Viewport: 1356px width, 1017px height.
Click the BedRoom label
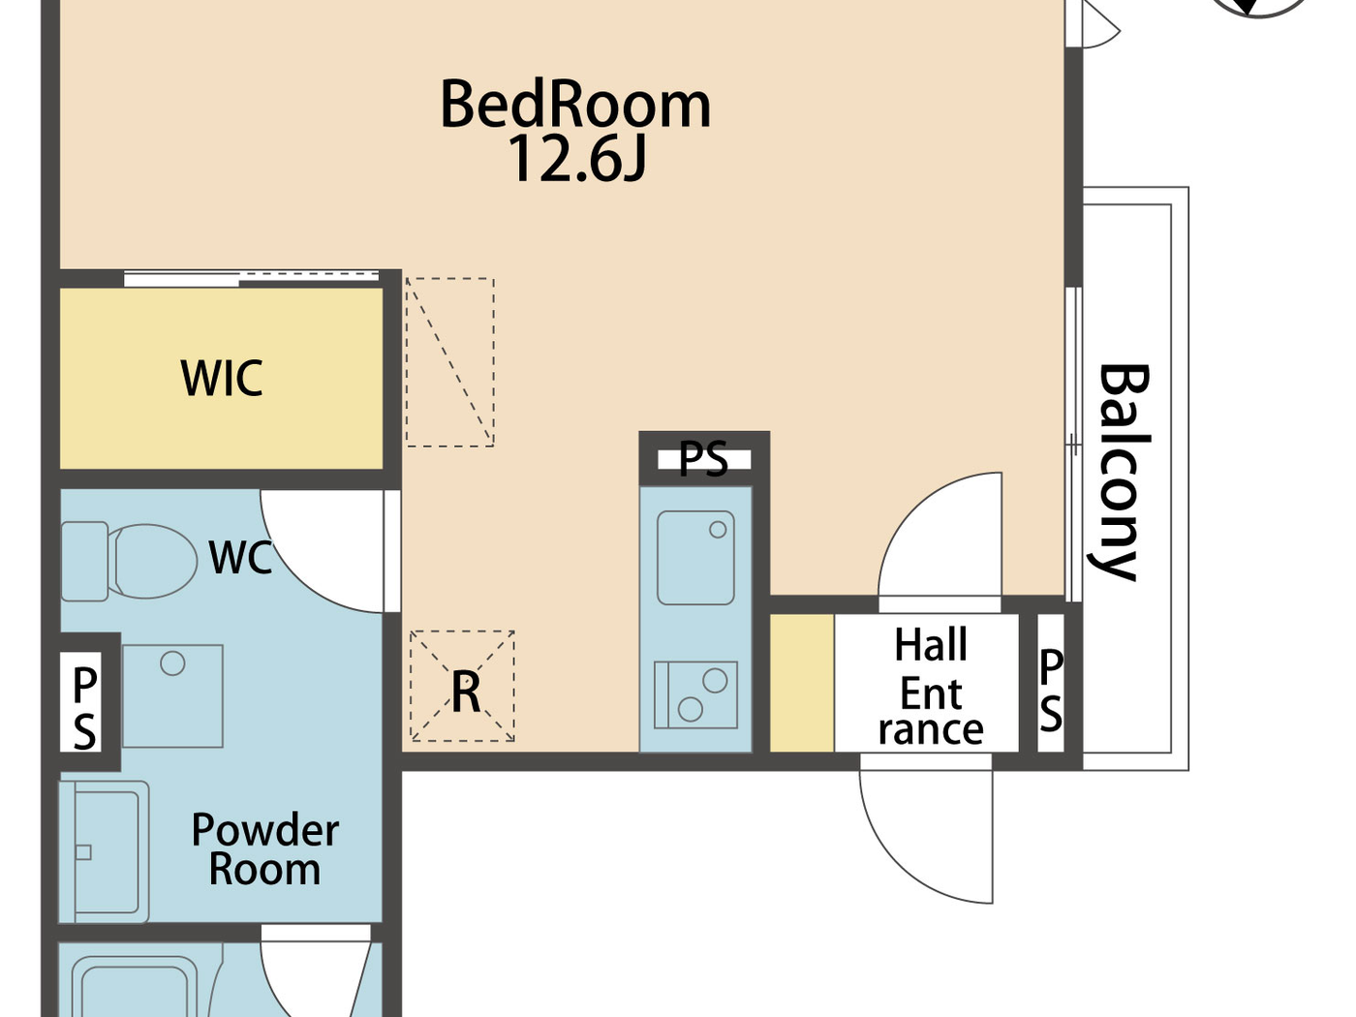(x=575, y=105)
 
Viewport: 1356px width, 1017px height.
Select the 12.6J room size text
(x=575, y=159)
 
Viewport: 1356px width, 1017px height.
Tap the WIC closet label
(x=222, y=379)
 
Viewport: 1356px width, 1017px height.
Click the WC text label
(x=240, y=558)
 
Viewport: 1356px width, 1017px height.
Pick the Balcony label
(x=1124, y=472)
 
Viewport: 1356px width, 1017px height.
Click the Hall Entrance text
(x=930, y=686)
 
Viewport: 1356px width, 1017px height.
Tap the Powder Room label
(x=264, y=849)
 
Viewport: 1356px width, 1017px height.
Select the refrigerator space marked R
(x=463, y=687)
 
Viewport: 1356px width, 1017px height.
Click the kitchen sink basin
(x=695, y=557)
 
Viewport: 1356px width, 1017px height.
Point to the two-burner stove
(x=695, y=694)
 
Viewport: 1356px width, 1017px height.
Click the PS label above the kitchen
(x=703, y=459)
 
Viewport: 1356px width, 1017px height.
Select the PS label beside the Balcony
(x=1051, y=691)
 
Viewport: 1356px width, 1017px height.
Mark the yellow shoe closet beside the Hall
(x=802, y=683)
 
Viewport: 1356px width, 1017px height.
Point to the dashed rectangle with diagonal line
(x=449, y=362)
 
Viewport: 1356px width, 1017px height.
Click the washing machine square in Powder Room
(x=172, y=695)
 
